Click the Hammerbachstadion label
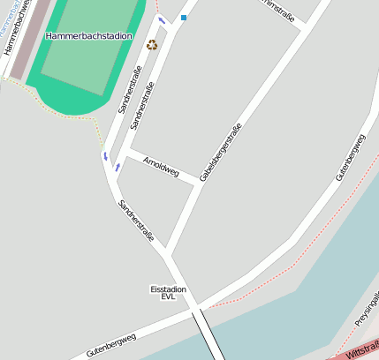coord(88,36)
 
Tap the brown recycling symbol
coord(151,44)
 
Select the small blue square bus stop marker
coord(184,17)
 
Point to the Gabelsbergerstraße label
coord(220,152)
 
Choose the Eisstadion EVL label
coord(168,293)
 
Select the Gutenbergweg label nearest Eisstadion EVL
coord(111,345)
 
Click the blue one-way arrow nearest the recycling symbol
coord(161,20)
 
